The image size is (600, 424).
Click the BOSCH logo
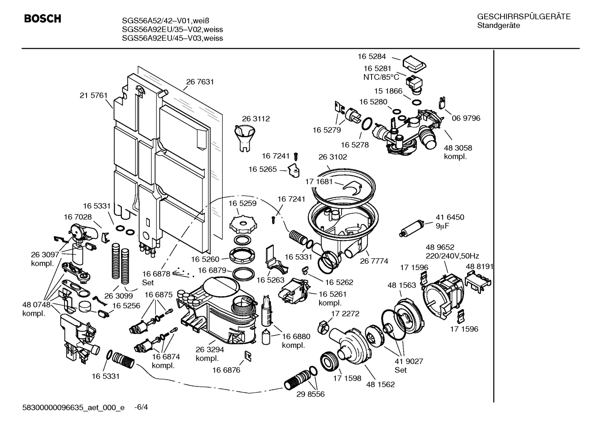[42, 19]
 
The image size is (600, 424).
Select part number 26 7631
[200, 82]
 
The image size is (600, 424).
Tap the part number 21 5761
[94, 96]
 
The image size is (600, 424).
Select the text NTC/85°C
[381, 77]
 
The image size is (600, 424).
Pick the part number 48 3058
[458, 148]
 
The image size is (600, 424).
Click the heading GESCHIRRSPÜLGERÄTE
[523, 17]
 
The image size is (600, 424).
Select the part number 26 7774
[374, 261]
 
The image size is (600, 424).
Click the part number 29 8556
[310, 394]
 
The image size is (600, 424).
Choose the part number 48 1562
[380, 384]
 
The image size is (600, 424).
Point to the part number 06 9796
[466, 118]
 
